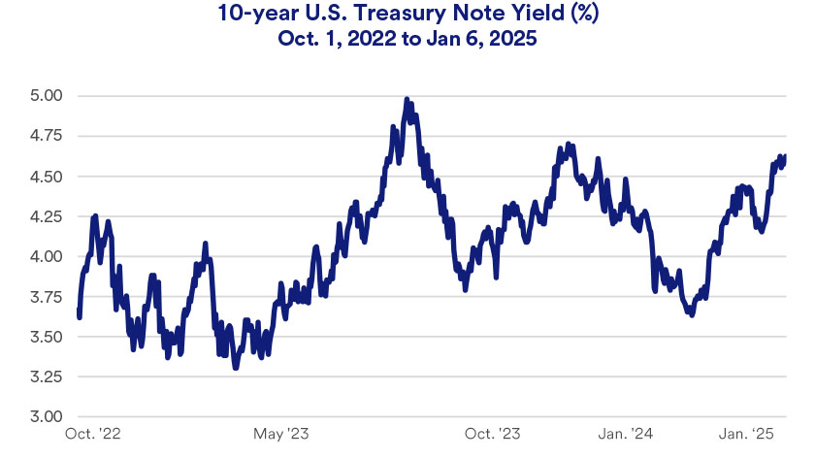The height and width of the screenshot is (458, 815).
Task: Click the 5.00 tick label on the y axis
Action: click(x=46, y=96)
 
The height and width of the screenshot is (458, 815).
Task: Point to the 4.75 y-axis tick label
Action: click(x=46, y=137)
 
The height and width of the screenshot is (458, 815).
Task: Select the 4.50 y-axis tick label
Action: click(x=46, y=177)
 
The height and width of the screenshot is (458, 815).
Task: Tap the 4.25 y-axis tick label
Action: click(x=46, y=216)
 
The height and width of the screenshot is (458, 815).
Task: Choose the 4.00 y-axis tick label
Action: click(x=46, y=257)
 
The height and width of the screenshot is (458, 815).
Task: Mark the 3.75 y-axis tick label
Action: click(x=46, y=297)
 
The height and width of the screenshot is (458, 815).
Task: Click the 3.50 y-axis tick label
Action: click(x=46, y=337)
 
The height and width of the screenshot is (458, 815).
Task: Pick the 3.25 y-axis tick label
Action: click(x=46, y=376)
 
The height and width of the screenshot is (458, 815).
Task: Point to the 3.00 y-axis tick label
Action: click(x=46, y=417)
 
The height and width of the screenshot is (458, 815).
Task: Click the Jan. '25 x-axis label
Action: click(x=754, y=433)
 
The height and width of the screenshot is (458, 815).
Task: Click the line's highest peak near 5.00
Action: click(x=407, y=99)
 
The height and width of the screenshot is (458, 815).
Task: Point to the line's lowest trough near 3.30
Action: click(x=235, y=368)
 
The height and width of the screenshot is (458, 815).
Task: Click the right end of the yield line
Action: click(x=785, y=155)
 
